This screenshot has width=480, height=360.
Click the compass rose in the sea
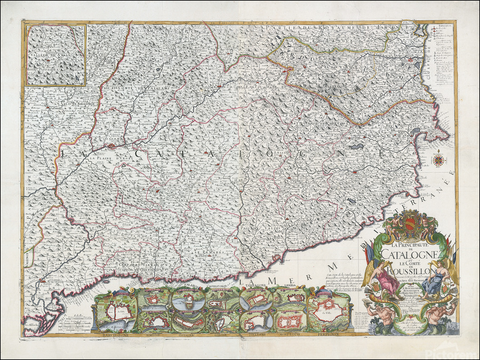[438, 159]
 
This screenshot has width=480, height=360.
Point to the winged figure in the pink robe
[388, 278]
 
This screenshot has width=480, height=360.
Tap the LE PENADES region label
[208, 251]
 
